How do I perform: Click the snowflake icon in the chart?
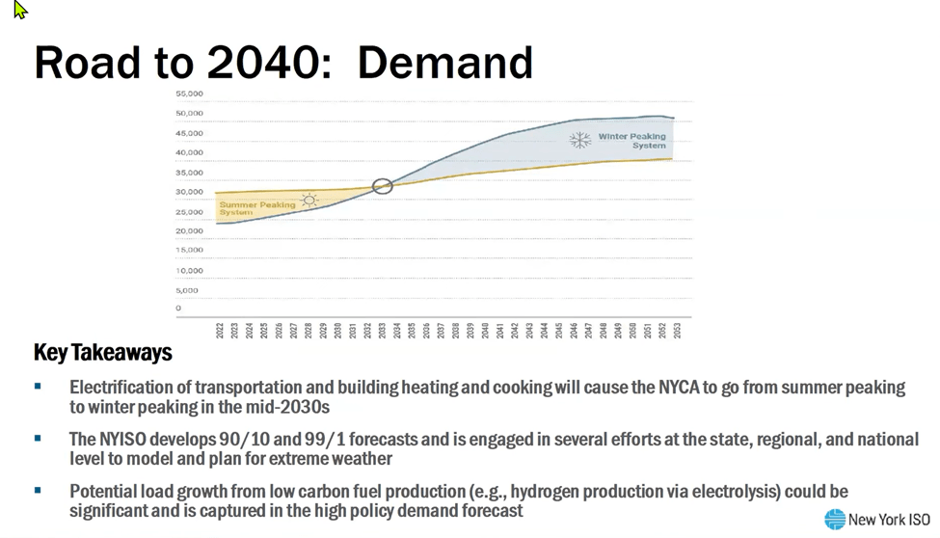579,140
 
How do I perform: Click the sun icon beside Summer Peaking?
309,201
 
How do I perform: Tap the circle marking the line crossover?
383,186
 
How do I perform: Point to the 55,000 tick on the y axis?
189,94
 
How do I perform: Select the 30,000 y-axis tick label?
189,192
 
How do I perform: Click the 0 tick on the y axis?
178,309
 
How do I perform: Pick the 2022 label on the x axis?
220,330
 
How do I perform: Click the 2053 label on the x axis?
677,330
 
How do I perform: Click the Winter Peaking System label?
631,141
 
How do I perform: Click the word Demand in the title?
444,63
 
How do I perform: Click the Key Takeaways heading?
102,353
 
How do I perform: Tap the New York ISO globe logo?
835,520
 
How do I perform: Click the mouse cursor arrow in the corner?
20,11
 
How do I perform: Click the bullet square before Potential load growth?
38,491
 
